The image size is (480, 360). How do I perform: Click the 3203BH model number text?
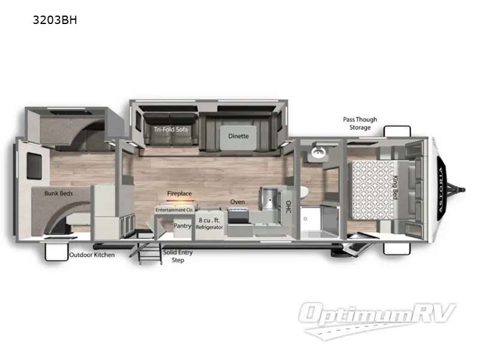tap(55, 20)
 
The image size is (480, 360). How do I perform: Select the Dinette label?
tap(238, 136)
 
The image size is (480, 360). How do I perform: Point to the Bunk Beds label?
tap(58, 194)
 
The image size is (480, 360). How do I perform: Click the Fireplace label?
tap(179, 194)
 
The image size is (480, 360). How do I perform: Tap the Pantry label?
tap(182, 226)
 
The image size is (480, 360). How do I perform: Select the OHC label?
tap(288, 208)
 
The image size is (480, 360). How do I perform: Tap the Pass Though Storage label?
tap(356, 123)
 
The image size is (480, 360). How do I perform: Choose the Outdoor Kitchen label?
tap(92, 254)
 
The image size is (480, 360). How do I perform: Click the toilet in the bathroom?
tap(305, 192)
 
